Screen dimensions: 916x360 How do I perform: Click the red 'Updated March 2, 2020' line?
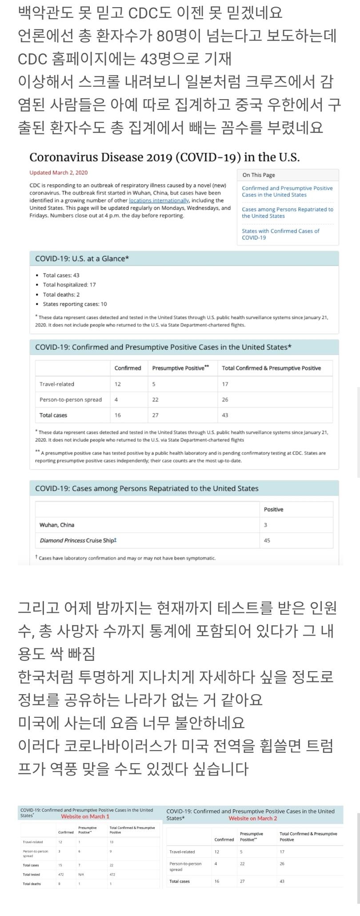tap(59, 173)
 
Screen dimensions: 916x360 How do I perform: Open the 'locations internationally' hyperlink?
tap(159, 201)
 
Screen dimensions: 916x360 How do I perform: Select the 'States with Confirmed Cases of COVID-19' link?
tap(280, 234)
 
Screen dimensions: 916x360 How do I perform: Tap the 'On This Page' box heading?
tap(259, 175)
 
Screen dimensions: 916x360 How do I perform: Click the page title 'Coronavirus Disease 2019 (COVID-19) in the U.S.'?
tap(164, 157)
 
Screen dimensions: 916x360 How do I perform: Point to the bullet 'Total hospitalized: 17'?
tap(69, 285)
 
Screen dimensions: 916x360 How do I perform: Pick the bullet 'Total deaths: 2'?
tap(61, 295)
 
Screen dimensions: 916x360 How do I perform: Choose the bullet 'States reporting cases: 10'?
tap(75, 304)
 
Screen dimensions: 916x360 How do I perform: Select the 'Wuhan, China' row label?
tap(57, 525)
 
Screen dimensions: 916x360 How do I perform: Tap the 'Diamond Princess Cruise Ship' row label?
tap(78, 540)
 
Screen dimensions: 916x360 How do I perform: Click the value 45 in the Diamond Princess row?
tap(267, 540)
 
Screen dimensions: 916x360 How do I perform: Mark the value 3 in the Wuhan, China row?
tap(265, 525)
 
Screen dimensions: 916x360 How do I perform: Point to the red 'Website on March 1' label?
tap(85, 816)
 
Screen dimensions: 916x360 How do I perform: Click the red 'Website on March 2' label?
tap(252, 819)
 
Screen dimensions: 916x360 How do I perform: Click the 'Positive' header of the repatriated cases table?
tap(273, 509)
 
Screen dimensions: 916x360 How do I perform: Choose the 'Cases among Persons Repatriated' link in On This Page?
tap(287, 212)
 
